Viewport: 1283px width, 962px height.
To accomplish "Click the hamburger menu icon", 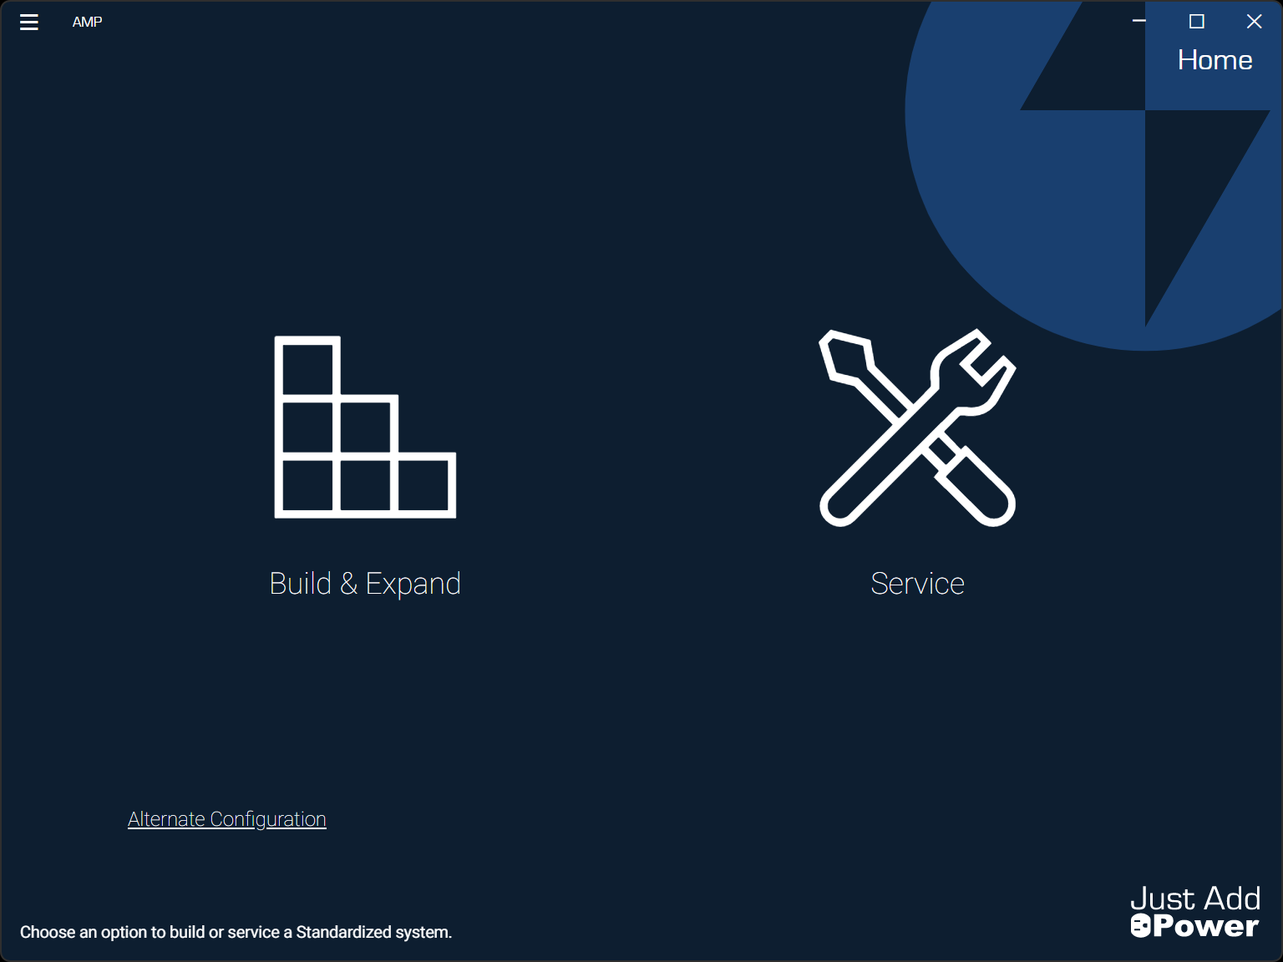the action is (28, 23).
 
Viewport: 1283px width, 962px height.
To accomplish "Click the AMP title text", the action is (87, 23).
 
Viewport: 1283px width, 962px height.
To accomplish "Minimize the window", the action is (1138, 21).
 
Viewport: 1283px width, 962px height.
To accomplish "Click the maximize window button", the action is (1196, 22).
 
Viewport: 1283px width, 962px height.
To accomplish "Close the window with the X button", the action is (1254, 22).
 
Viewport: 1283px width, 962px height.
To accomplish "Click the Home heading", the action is (1215, 59).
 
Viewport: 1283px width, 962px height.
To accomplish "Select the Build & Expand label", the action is (365, 584).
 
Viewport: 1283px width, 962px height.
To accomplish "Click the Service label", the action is (917, 584).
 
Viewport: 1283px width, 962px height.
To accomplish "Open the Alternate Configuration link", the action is (227, 819).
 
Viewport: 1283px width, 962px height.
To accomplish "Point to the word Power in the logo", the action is (1205, 926).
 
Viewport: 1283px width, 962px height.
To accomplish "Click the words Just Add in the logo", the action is (1195, 899).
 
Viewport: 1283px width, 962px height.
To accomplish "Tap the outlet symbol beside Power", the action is (1140, 926).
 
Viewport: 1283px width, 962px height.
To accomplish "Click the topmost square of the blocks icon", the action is (307, 369).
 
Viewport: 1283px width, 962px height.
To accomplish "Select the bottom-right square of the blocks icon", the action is (423, 485).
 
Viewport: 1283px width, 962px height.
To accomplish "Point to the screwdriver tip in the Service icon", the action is (844, 357).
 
